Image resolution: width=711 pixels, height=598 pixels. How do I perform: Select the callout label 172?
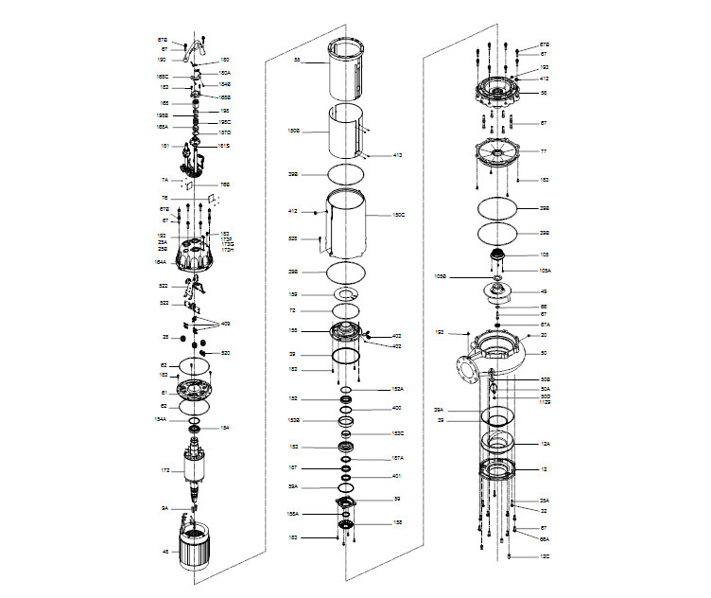(165, 470)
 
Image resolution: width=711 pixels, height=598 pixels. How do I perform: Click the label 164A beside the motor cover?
(162, 262)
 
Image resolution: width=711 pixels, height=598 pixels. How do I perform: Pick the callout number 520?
(226, 353)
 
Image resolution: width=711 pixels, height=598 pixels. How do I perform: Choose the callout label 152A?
(398, 389)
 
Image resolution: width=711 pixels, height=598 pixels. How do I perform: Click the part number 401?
(397, 476)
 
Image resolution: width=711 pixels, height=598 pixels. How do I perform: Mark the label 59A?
(293, 486)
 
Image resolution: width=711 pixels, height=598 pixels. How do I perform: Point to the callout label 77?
(544, 151)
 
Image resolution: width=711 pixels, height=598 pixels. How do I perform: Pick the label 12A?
(544, 443)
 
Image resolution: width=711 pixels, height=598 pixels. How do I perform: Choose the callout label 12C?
(544, 556)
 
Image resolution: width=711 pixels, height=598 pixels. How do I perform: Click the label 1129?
(545, 403)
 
